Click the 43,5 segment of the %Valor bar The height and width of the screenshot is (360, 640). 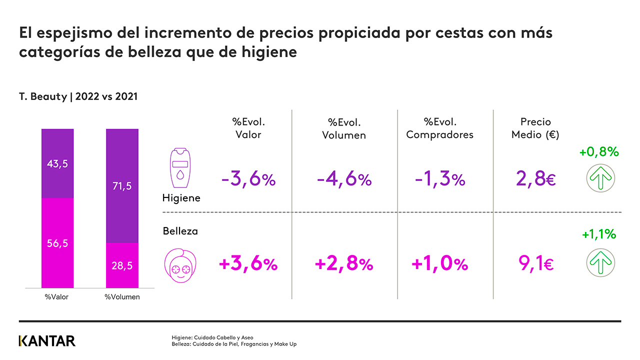coord(57,163)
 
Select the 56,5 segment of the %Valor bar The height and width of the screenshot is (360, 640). coord(57,243)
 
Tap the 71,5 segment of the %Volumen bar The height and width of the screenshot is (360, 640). coord(122,186)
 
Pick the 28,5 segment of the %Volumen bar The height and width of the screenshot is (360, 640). coord(122,265)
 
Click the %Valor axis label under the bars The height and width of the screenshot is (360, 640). coord(56,297)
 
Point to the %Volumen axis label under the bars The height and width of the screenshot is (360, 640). coord(122,297)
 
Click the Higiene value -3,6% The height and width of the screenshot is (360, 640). coord(248,179)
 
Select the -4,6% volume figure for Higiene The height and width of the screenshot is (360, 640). coord(344,179)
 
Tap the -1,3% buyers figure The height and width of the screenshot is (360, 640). coord(440,179)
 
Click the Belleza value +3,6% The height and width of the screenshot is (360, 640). coord(248,264)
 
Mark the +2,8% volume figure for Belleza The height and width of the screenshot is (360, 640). coord(344,264)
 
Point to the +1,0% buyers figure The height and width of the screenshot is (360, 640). coord(440,264)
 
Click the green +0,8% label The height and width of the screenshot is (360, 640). coord(599,152)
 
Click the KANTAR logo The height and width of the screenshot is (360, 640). coord(47,341)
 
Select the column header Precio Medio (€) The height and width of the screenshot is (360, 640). coord(535,128)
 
